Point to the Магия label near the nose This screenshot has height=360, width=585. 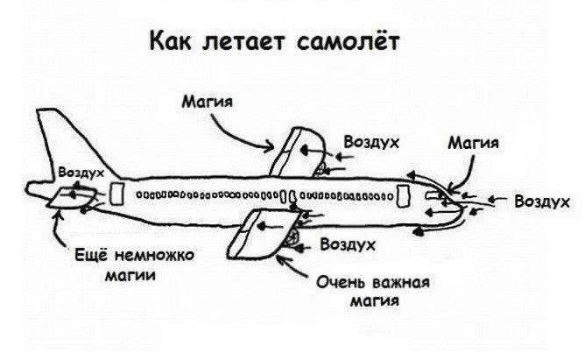(473, 142)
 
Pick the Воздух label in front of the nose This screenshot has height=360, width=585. (542, 201)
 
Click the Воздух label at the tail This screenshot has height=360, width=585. (80, 173)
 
